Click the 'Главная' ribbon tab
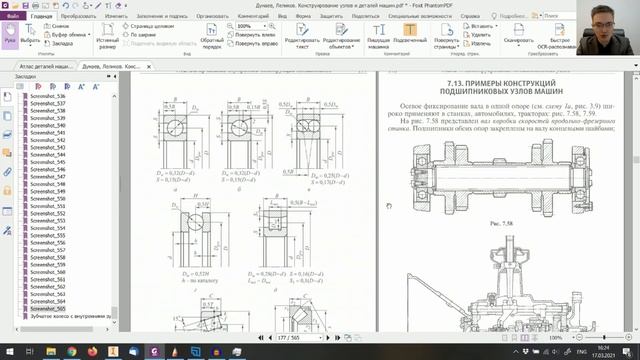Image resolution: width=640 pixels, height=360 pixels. (42, 17)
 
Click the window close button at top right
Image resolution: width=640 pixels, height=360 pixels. (631, 5)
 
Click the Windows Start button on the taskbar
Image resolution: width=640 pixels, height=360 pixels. (8, 353)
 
